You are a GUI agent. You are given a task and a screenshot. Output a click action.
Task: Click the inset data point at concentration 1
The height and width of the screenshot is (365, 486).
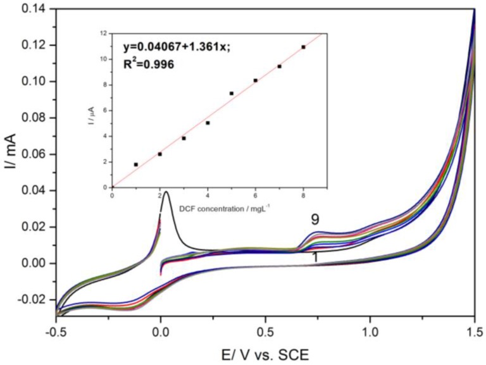coord(136,164)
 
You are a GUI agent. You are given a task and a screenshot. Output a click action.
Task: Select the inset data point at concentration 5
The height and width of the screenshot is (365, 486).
coord(232,93)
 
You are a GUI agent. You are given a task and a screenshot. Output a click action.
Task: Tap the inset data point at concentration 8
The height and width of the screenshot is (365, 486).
coord(303,47)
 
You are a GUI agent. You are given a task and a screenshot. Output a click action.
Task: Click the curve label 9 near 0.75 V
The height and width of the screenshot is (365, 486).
coord(315,220)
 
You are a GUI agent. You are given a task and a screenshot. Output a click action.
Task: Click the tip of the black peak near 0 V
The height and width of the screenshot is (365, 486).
coord(166,192)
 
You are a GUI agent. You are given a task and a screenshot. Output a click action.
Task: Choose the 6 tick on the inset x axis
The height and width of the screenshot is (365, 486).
coord(256,187)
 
